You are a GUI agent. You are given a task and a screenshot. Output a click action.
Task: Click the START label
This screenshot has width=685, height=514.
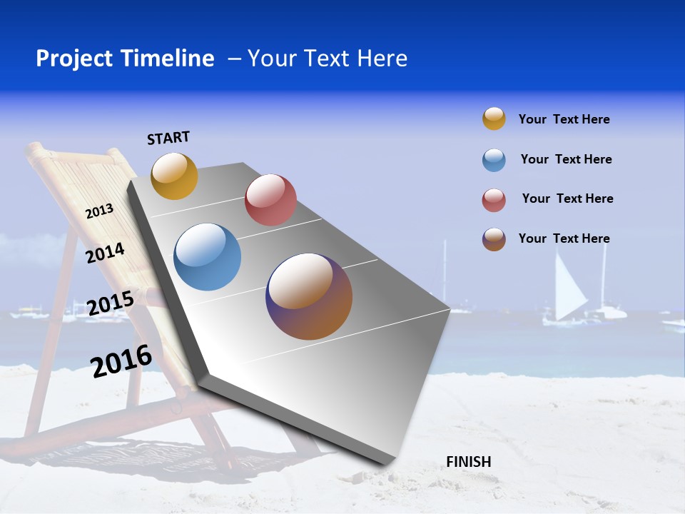[x=168, y=138]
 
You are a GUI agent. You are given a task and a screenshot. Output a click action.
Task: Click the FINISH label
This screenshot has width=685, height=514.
[x=468, y=462]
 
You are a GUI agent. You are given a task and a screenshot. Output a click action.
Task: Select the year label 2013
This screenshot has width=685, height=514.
[x=99, y=211]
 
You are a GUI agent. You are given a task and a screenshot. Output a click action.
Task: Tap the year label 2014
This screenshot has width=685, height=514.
[x=105, y=253]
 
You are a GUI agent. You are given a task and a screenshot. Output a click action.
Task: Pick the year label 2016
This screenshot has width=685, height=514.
[x=121, y=361]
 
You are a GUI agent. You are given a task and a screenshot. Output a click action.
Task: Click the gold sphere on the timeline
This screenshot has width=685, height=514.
[x=174, y=176]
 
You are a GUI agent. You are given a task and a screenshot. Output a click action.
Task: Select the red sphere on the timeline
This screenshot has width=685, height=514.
[x=270, y=200]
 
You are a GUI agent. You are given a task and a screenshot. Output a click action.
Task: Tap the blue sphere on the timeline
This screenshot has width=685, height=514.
[x=207, y=257]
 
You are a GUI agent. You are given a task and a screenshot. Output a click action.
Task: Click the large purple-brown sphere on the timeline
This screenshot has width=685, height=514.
[x=309, y=296]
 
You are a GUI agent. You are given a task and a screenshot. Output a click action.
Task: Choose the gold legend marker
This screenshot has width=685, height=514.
[x=494, y=119]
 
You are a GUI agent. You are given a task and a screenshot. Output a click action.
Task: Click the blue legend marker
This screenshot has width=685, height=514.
[x=494, y=160]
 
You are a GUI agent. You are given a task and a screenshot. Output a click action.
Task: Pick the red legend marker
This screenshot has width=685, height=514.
[x=494, y=200]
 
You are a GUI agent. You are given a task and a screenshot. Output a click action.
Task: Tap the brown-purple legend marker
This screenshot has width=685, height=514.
[x=494, y=239]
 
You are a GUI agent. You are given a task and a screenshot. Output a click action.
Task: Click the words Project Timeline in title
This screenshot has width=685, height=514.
[x=125, y=59]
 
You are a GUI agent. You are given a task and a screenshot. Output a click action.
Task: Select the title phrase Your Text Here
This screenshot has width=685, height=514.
[x=328, y=59]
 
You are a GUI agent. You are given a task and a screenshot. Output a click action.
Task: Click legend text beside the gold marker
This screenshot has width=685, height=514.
[x=564, y=119]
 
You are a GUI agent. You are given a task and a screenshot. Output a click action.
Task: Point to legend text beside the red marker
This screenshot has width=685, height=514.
[x=567, y=198]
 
